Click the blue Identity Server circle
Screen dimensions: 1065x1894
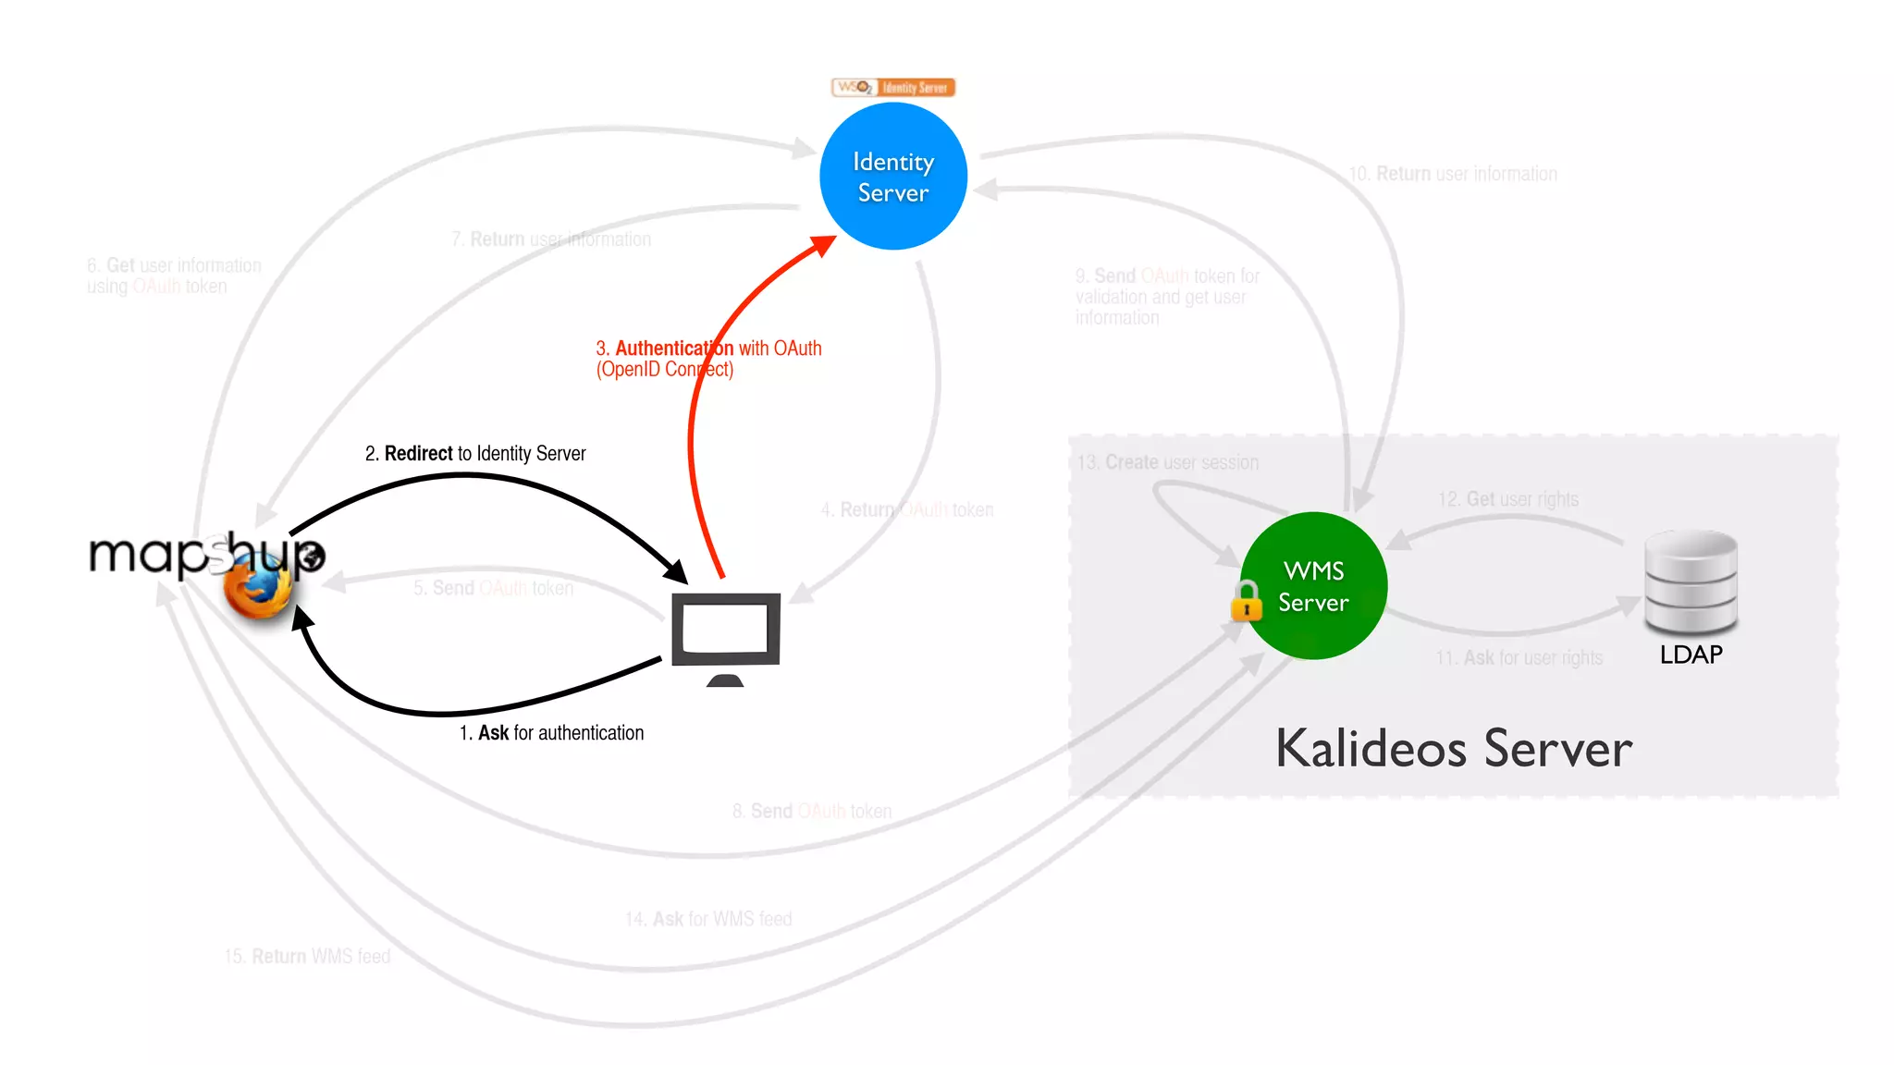pos(893,176)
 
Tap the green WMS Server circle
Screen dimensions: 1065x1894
pos(1313,585)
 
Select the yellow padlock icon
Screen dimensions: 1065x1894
pos(1246,601)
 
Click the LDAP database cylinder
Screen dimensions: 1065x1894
pos(1691,581)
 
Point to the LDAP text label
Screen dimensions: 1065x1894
pos(1691,655)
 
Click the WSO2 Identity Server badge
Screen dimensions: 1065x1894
pos(893,88)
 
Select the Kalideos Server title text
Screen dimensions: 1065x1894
pos(1454,749)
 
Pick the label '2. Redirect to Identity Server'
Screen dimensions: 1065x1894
pos(475,453)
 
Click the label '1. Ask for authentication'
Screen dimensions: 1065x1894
pos(551,733)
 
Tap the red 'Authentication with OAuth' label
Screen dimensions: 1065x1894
pos(708,359)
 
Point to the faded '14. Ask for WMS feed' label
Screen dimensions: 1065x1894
pos(708,919)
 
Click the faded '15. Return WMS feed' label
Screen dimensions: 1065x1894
pos(307,956)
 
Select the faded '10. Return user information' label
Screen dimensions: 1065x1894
pos(1453,174)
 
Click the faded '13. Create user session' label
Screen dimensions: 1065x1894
pos(1168,462)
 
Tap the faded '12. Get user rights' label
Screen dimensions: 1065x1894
pos(1508,499)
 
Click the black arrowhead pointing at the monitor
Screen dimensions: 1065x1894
pos(678,572)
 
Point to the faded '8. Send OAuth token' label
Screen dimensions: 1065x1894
pos(812,811)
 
